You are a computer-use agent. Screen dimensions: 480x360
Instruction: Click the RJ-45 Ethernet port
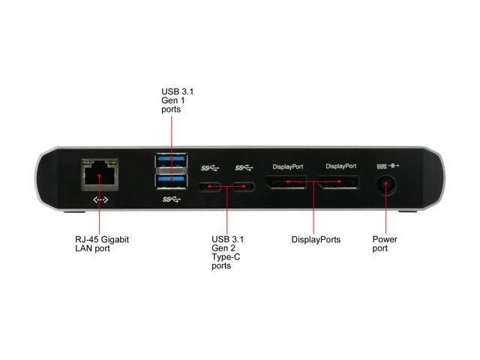point(100,175)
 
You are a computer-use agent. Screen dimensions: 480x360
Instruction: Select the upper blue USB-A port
point(171,160)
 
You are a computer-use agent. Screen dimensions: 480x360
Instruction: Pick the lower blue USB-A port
point(171,181)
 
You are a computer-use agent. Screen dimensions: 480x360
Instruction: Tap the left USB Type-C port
point(210,187)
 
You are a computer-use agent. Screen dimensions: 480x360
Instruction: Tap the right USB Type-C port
point(244,187)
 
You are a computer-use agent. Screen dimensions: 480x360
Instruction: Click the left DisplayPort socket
point(286,182)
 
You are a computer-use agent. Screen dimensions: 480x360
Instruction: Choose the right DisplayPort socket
point(338,182)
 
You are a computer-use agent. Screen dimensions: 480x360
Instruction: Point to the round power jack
point(386,184)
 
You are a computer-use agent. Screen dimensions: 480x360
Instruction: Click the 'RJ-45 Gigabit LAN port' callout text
point(102,244)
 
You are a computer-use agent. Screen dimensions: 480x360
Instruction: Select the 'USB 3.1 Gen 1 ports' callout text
point(177,100)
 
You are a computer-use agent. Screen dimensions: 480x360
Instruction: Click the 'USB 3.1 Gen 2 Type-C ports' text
point(227,253)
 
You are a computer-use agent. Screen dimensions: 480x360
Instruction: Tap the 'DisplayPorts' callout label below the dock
point(316,239)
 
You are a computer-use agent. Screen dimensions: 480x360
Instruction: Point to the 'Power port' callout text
point(385,244)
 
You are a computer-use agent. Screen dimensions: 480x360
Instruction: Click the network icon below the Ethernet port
point(100,200)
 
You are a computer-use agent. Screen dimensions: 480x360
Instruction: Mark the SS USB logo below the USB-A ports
point(172,199)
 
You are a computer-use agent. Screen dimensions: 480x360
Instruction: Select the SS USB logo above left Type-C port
point(210,168)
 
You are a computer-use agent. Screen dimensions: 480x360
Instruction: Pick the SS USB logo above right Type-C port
point(244,168)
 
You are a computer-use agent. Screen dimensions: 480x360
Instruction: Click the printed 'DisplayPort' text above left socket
point(288,166)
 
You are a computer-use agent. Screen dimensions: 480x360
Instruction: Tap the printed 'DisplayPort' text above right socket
point(341,166)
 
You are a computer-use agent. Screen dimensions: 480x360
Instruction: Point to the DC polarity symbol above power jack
point(394,166)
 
